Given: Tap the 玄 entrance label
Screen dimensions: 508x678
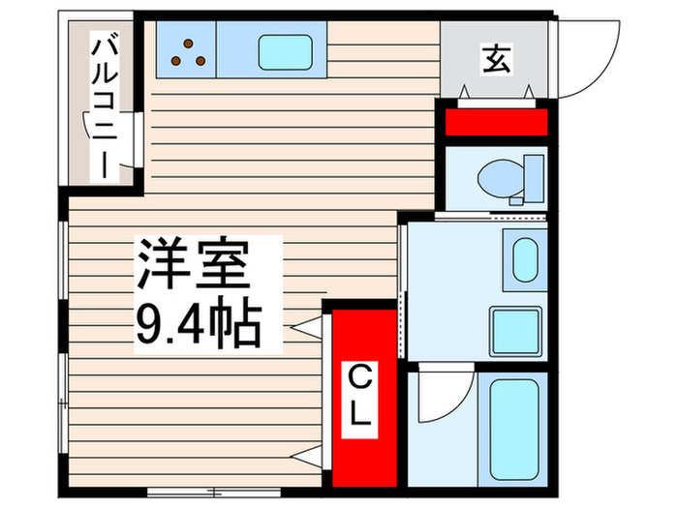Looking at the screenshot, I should [x=495, y=60].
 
